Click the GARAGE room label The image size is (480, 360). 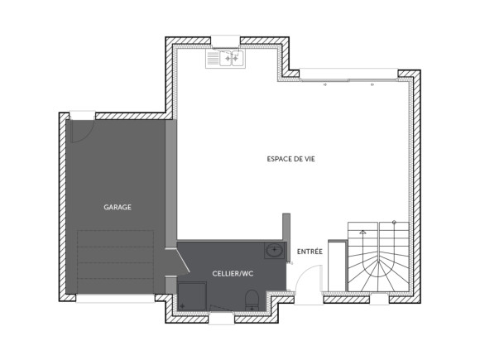pos(118,207)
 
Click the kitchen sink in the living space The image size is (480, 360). pos(223,59)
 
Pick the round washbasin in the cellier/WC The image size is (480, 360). pos(275,251)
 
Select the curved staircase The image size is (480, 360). pos(377,258)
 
